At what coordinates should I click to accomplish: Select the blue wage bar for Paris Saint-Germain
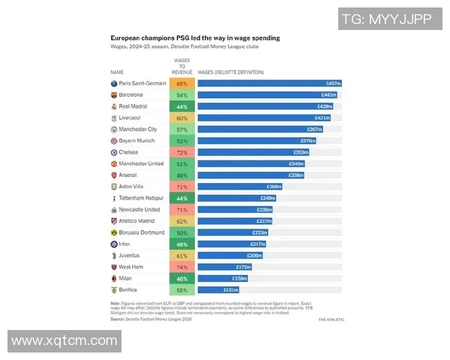click(270, 83)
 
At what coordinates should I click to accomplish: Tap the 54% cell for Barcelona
click(181, 95)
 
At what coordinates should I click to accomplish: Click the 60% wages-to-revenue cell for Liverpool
click(181, 118)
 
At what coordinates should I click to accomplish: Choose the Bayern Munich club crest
click(113, 140)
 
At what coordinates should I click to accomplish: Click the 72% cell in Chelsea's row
click(181, 152)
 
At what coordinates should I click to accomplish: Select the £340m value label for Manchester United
click(297, 163)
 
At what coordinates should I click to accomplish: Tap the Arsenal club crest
click(113, 175)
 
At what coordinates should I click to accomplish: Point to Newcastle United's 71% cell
click(181, 209)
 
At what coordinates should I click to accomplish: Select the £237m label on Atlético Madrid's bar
click(264, 220)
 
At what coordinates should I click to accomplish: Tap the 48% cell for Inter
click(181, 244)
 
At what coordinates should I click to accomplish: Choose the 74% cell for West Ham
click(181, 266)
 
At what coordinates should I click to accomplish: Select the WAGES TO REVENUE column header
click(181, 64)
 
